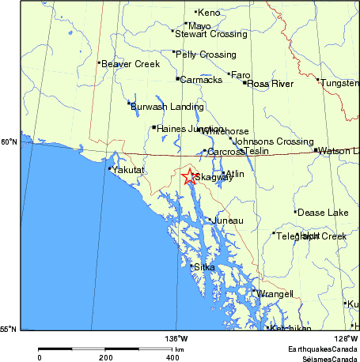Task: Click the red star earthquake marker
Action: tap(189, 177)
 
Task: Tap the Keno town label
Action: tap(209, 13)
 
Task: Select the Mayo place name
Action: tap(199, 25)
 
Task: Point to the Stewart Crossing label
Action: tap(205, 34)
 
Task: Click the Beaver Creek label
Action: tap(131, 63)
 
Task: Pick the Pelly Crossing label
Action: tap(207, 55)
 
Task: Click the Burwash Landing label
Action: tap(167, 106)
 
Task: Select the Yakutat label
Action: tap(128, 169)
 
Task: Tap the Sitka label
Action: tap(204, 267)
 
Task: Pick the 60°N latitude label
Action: tap(9, 142)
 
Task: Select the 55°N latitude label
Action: tap(9, 330)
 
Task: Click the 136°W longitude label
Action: tap(176, 338)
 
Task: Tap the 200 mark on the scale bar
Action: tap(106, 358)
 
